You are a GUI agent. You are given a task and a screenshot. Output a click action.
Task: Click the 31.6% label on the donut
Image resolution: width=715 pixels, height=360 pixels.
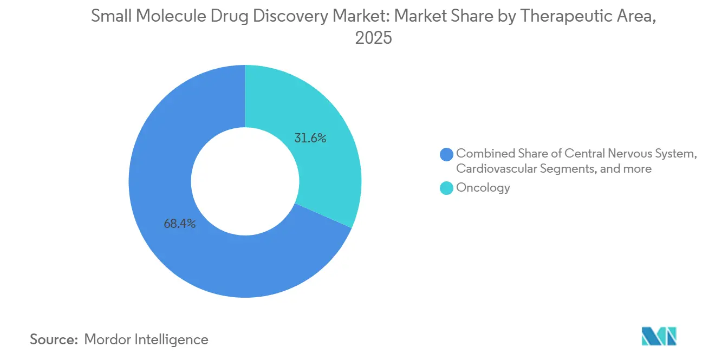click(x=310, y=139)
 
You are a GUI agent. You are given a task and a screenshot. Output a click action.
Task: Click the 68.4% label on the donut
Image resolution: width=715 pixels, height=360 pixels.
click(x=180, y=223)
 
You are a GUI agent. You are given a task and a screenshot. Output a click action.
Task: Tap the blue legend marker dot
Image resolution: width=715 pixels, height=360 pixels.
click(x=447, y=154)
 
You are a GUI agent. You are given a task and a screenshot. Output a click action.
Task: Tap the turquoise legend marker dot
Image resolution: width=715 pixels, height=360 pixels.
click(x=447, y=188)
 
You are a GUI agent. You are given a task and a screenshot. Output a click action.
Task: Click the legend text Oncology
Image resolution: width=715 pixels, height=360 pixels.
click(x=483, y=188)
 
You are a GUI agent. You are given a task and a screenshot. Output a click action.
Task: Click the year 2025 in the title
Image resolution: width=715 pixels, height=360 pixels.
click(x=373, y=38)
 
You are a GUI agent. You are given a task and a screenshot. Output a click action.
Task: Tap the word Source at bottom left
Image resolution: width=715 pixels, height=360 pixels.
click(x=54, y=339)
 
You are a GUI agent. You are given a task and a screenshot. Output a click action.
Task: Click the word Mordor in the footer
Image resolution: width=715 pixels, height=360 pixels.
click(x=108, y=339)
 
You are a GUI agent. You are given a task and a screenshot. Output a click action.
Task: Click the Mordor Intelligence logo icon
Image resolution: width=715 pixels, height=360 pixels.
click(x=659, y=336)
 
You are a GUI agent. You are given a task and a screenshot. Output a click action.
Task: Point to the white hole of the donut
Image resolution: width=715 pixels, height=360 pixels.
click(x=245, y=181)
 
